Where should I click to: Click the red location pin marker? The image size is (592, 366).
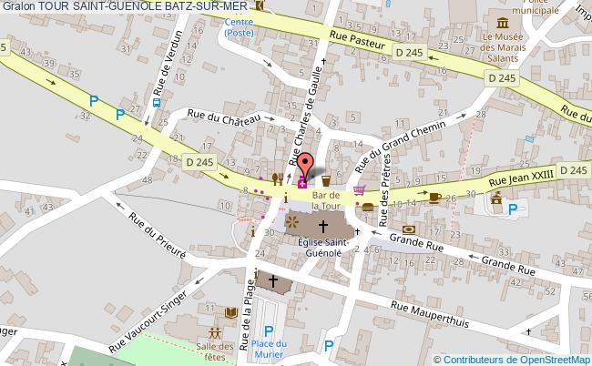click(308, 165)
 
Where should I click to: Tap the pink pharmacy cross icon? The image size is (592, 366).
click(302, 182)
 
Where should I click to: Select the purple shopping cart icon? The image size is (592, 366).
click(361, 191)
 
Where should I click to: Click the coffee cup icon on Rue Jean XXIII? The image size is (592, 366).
click(435, 196)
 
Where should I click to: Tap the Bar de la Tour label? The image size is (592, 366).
click(325, 199)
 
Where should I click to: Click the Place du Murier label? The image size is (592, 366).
click(270, 348)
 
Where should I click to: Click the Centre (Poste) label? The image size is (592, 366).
click(240, 28)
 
